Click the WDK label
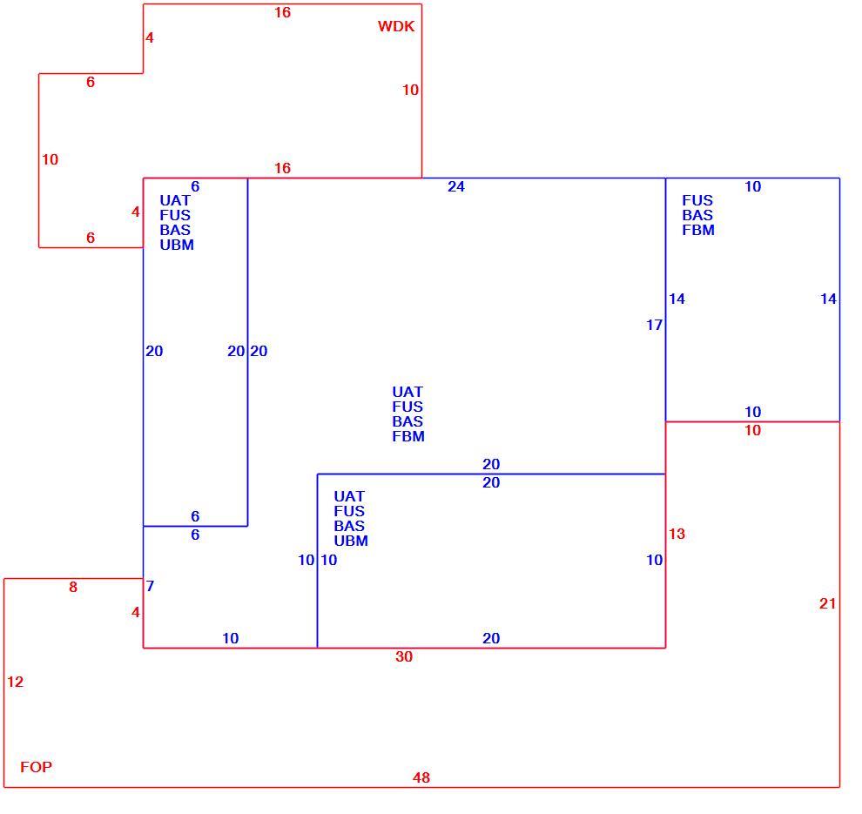[x=396, y=26]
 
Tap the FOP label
[x=37, y=767]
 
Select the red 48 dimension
[x=421, y=777]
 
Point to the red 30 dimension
[x=404, y=656]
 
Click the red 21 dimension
[x=827, y=603]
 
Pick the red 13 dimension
[x=677, y=534]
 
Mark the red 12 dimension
[x=16, y=682]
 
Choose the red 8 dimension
[x=73, y=587]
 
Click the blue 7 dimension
[x=150, y=586]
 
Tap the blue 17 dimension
[x=654, y=325]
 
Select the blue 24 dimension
[x=455, y=186]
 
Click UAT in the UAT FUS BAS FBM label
[x=407, y=392]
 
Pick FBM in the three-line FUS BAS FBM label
[x=698, y=230]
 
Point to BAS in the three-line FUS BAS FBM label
[x=697, y=215]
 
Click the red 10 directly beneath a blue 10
[x=752, y=430]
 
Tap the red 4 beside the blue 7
[x=136, y=612]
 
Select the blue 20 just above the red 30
[x=491, y=638]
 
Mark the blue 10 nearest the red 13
[x=654, y=560]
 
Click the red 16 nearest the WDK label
[x=283, y=12]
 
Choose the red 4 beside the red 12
[x=136, y=612]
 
